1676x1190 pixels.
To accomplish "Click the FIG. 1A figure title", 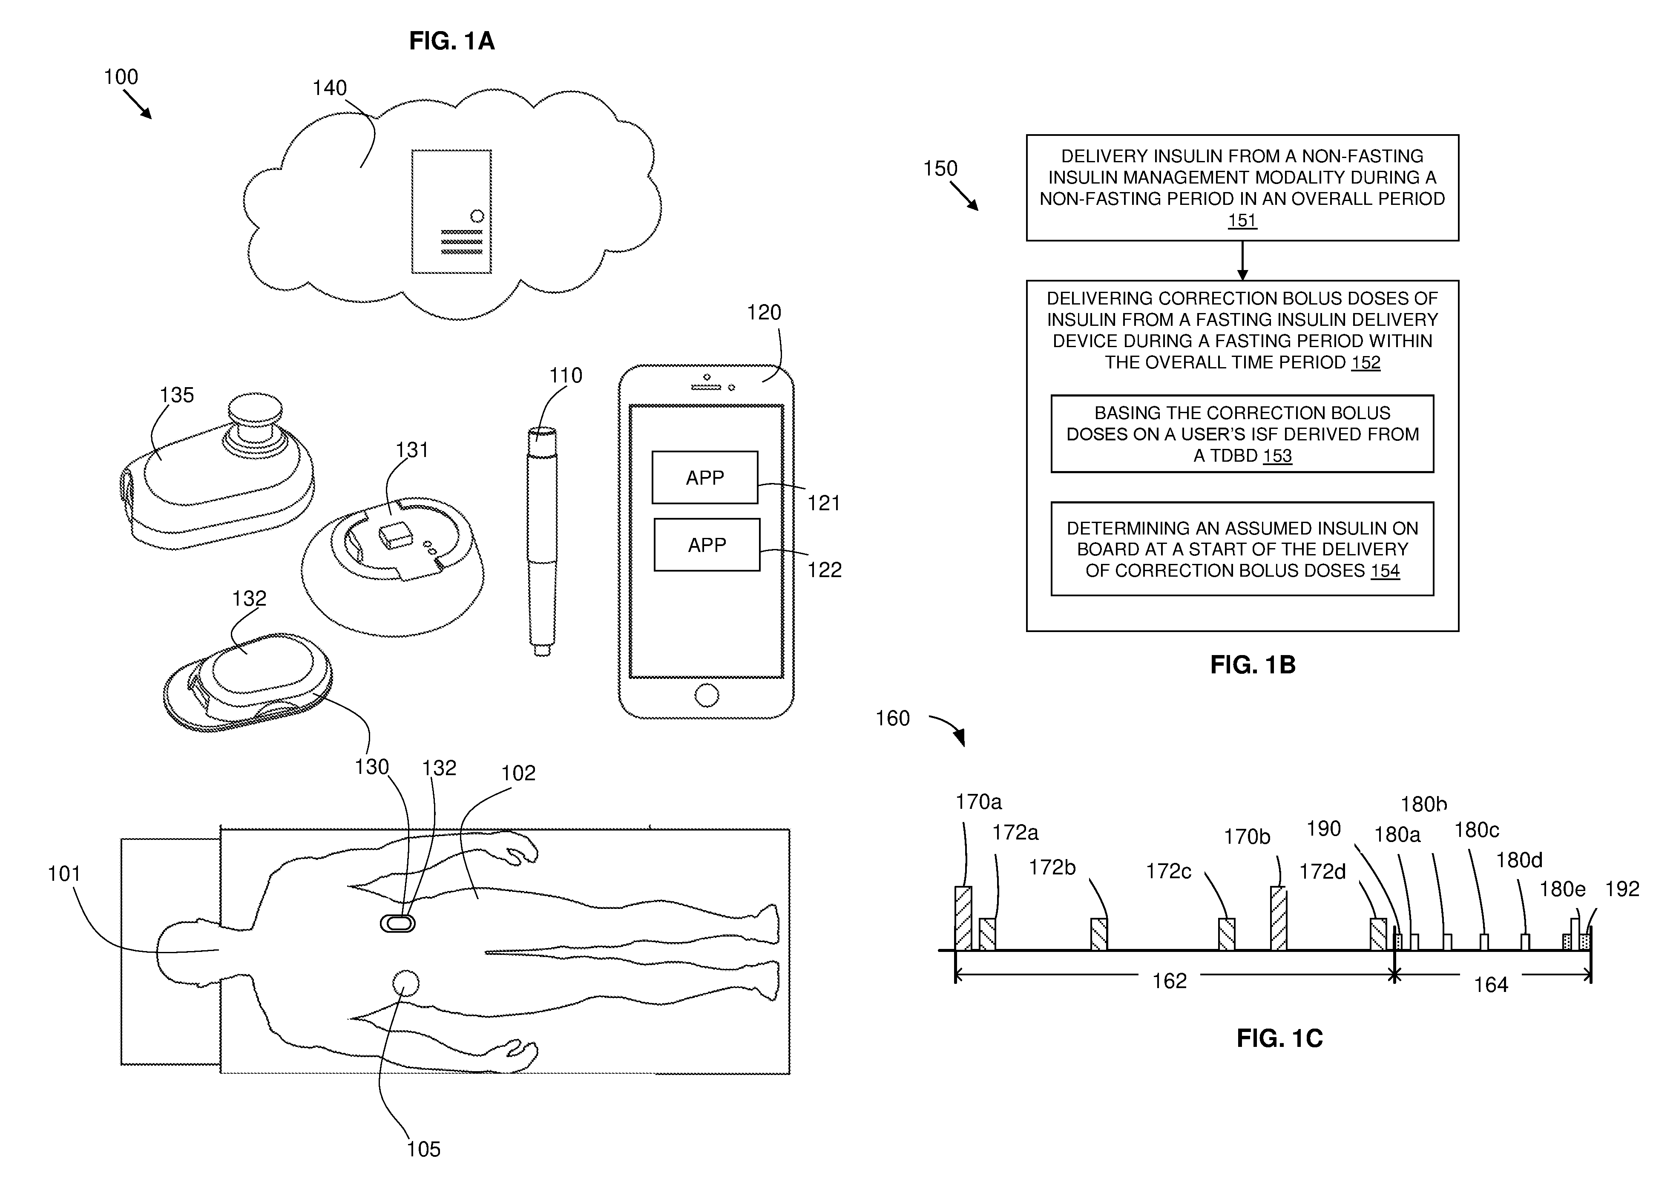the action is click(451, 41).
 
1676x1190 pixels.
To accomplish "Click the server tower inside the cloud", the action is click(451, 212).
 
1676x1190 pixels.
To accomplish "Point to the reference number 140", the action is click(329, 88).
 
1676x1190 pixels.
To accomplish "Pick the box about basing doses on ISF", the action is click(1242, 434).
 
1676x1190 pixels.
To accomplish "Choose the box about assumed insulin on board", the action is click(1242, 549).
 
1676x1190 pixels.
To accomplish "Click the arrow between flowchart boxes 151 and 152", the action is click(1242, 260).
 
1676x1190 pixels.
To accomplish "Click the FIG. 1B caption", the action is click(1252, 664).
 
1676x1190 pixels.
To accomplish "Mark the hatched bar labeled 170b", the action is click(1278, 918).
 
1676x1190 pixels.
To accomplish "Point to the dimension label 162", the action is click(1169, 980).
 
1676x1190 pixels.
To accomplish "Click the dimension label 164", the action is click(1491, 984).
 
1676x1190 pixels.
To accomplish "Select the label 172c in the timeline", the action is click(1168, 871).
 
